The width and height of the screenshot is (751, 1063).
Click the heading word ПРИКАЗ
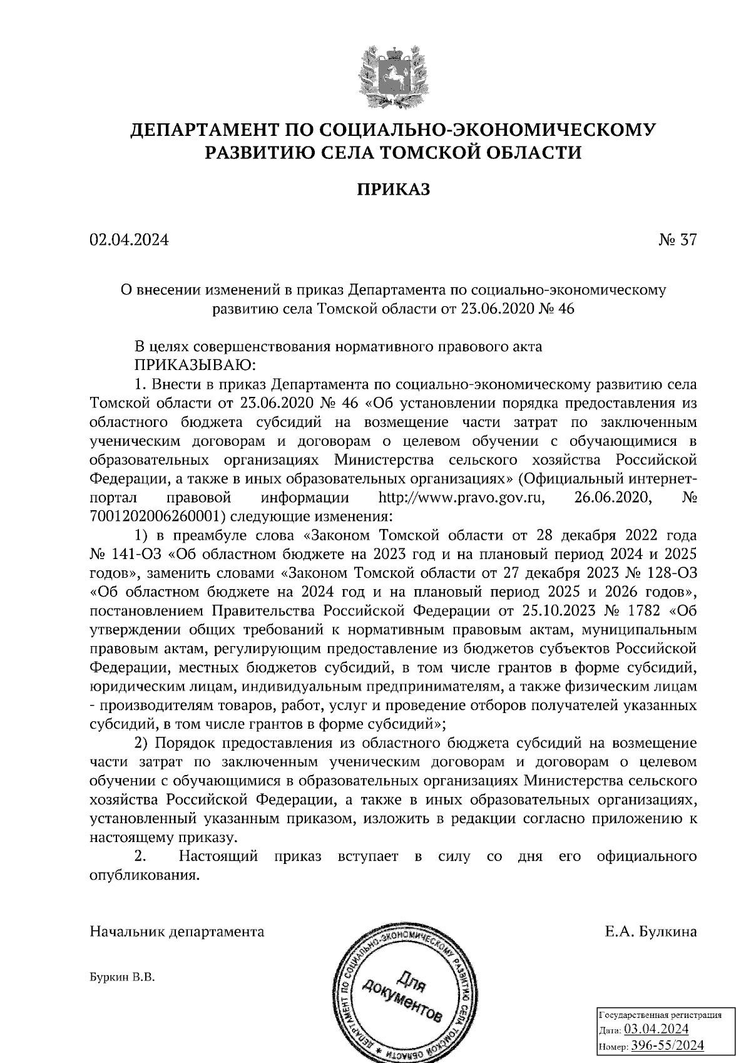tap(393, 190)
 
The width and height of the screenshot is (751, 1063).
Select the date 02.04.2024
tap(130, 240)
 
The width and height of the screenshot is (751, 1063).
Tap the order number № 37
tap(677, 240)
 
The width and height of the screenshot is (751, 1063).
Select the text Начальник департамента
tap(177, 932)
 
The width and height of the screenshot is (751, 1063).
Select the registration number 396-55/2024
tap(667, 1045)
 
